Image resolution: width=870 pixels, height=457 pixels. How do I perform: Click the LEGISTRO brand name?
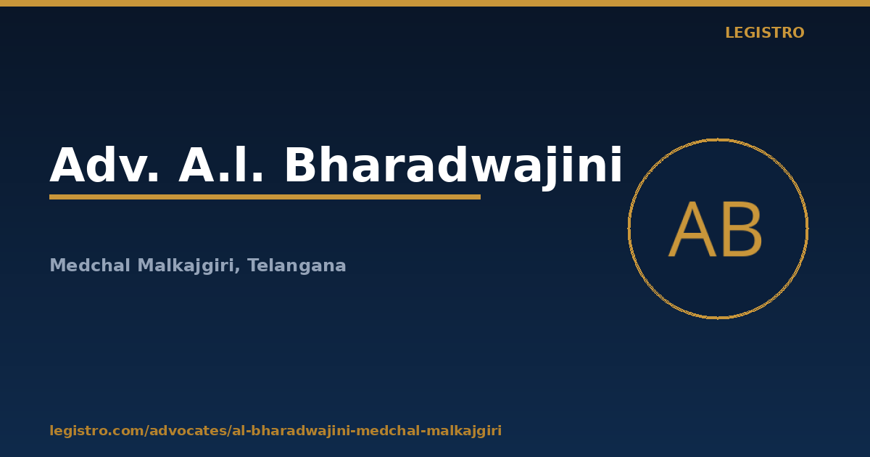coord(765,33)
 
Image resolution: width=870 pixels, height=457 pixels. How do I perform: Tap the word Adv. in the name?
coord(104,165)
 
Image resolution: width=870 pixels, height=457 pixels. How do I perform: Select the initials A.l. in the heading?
coord(220,164)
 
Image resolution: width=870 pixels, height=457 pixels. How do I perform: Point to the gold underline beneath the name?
coord(265,197)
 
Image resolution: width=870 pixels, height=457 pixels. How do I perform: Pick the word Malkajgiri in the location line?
coord(186,265)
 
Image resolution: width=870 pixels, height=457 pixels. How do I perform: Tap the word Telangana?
coord(297,265)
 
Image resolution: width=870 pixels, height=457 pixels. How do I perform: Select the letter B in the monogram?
coord(742,230)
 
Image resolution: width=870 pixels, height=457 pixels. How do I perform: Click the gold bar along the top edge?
coord(435,3)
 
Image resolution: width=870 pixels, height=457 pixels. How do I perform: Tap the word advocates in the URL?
coord(188,431)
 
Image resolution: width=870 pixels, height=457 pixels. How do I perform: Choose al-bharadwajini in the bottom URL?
coord(291,431)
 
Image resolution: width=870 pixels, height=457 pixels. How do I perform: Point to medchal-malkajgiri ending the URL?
coord(428,431)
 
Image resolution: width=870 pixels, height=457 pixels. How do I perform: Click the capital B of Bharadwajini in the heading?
coord(302,165)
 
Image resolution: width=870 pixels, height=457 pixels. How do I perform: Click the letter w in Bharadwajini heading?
coord(486,169)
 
